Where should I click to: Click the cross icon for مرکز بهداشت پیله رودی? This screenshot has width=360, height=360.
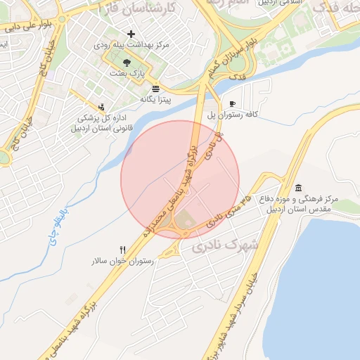point(131,34)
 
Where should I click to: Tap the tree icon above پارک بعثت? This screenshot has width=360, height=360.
point(126,63)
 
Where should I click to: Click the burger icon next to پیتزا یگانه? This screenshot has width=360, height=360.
point(155,89)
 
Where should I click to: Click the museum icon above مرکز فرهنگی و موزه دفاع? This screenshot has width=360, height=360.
point(300,188)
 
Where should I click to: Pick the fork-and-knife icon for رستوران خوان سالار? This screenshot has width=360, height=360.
point(124,250)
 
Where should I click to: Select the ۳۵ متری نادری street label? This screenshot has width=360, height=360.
point(231,213)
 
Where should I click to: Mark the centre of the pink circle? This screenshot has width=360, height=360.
point(180,179)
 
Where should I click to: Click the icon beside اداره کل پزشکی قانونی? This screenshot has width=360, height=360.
point(103,107)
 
